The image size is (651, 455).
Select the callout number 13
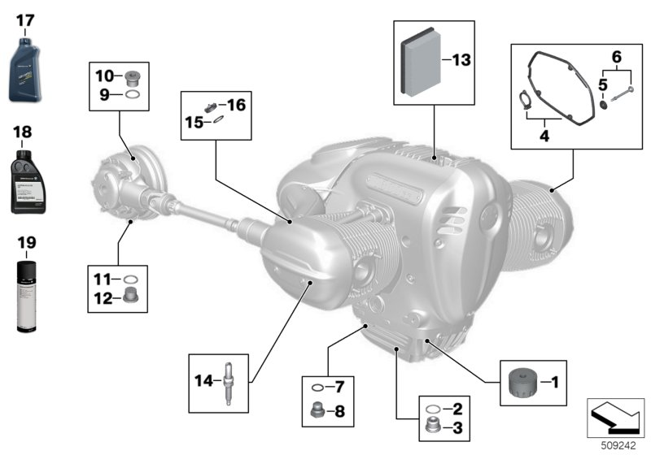pos(461,60)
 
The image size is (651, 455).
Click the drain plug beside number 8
pos(320,411)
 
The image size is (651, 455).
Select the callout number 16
pos(236,105)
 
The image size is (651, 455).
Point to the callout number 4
pos(544,136)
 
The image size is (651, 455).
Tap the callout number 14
pos(203,380)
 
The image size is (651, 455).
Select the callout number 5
pos(603,84)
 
